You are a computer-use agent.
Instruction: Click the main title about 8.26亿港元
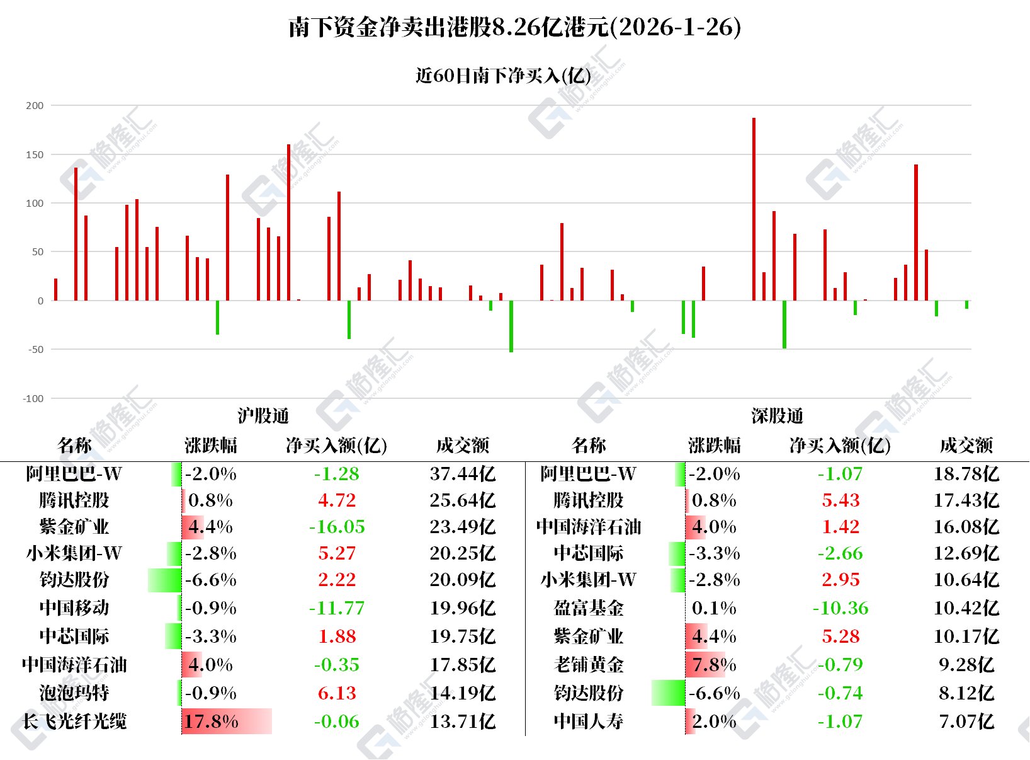pyautogui.click(x=514, y=27)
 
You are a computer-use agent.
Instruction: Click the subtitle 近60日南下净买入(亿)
pyautogui.click(x=503, y=76)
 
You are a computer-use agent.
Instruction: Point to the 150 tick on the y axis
pyautogui.click(x=35, y=154)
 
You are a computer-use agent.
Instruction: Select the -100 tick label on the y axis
pyautogui.click(x=33, y=398)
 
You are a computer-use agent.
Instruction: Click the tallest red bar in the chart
pyautogui.click(x=754, y=208)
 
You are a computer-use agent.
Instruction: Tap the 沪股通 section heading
pyautogui.click(x=263, y=416)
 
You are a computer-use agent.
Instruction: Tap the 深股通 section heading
pyautogui.click(x=777, y=416)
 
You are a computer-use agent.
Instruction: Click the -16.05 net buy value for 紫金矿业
pyautogui.click(x=337, y=527)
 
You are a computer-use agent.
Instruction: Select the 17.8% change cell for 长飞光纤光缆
pyautogui.click(x=211, y=722)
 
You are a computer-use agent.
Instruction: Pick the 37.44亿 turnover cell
pyautogui.click(x=463, y=474)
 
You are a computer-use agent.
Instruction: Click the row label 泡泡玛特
pyautogui.click(x=74, y=693)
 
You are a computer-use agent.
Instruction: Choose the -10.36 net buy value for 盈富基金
pyautogui.click(x=840, y=608)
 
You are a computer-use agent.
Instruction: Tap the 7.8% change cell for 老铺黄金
pyautogui.click(x=714, y=665)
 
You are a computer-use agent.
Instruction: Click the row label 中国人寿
pyautogui.click(x=589, y=722)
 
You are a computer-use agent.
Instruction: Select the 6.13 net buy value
pyautogui.click(x=337, y=693)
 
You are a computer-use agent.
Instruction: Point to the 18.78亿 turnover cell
pyautogui.click(x=966, y=474)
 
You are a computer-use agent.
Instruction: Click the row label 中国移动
pyautogui.click(x=74, y=608)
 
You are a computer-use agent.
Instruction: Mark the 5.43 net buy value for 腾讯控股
pyautogui.click(x=840, y=500)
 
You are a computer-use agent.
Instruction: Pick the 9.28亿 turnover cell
pyautogui.click(x=966, y=665)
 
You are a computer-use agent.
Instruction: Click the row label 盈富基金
pyautogui.click(x=589, y=608)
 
